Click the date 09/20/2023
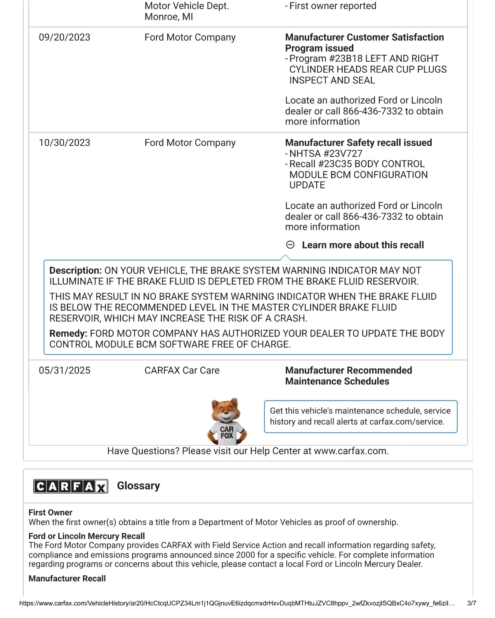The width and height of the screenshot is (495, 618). tap(64, 38)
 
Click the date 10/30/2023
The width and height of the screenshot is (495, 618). tap(64, 143)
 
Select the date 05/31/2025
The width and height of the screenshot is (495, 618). tap(64, 371)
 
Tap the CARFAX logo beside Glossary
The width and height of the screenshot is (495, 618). tap(71, 486)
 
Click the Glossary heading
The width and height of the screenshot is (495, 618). tap(139, 486)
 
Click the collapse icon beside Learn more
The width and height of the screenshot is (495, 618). tap(290, 245)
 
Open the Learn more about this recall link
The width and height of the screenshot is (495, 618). tap(363, 245)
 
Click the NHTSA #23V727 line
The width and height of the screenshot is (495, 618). tap(326, 154)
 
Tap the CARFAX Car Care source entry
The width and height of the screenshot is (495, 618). tap(182, 371)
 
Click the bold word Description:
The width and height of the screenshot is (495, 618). tap(76, 271)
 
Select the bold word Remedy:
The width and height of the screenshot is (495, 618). tap(68, 333)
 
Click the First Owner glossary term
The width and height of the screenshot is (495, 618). tap(50, 512)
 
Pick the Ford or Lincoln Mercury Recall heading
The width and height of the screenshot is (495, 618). tap(87, 536)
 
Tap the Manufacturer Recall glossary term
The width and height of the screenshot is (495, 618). tap(67, 578)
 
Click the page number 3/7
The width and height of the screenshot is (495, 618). tap(471, 603)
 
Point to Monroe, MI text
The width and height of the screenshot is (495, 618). tap(168, 17)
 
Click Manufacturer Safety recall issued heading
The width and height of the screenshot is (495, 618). tap(358, 143)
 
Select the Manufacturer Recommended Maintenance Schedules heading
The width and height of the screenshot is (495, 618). tap(348, 376)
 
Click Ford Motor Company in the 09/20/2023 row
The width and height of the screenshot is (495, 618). tap(190, 38)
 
